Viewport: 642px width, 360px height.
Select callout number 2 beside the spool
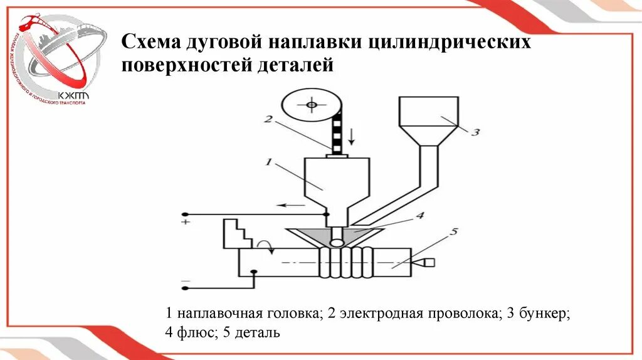tap(266, 119)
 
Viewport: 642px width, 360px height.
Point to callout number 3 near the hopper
tap(475, 132)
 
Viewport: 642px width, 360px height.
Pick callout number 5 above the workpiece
tap(454, 231)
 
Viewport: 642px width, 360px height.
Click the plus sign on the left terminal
tap(186, 222)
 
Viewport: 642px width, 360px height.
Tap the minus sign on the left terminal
tap(186, 280)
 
